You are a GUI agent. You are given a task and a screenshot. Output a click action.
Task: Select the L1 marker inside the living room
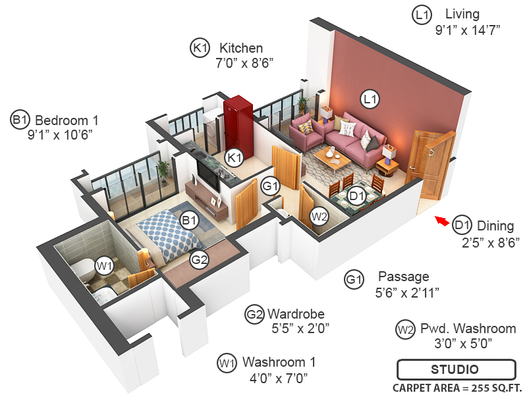click(370, 99)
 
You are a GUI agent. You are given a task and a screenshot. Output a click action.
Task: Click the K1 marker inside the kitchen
click(234, 157)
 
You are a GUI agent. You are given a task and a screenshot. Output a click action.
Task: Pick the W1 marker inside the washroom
click(103, 266)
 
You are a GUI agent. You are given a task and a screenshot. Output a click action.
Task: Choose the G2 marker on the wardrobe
click(200, 259)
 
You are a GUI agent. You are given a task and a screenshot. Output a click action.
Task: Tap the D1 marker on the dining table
click(356, 196)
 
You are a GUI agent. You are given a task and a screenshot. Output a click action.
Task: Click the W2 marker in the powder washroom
click(319, 215)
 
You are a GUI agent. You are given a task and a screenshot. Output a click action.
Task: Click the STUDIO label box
click(455, 369)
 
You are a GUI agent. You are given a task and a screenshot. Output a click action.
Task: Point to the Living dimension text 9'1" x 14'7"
click(468, 30)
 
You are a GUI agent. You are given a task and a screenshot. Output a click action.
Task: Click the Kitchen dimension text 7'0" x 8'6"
click(244, 63)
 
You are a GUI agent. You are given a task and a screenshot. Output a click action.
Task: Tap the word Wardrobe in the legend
click(296, 313)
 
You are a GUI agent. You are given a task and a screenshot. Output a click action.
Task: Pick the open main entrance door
click(433, 168)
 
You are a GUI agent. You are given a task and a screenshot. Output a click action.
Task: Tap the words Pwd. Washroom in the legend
click(468, 329)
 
